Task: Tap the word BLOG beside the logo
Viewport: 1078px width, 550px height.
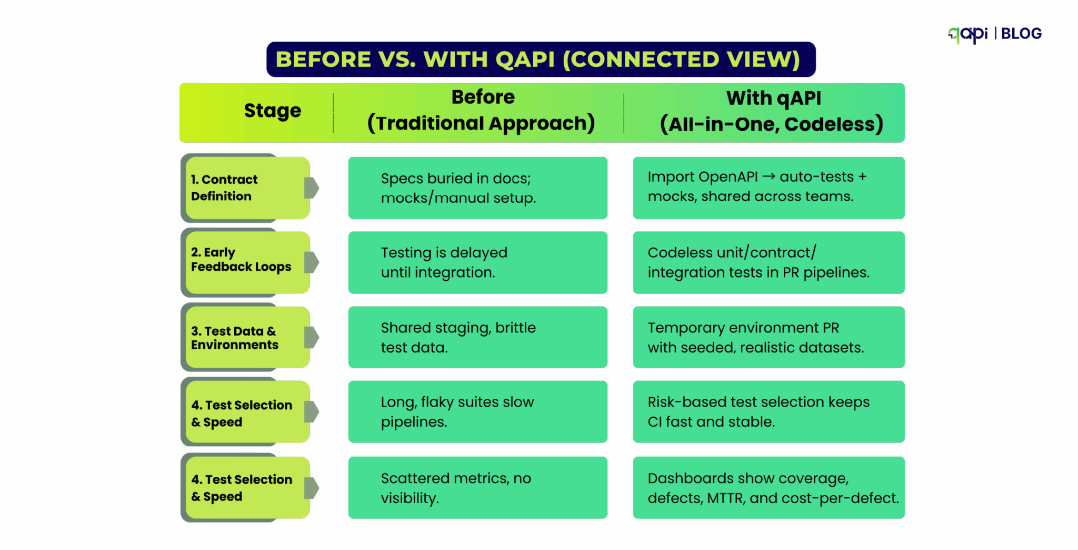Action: (1021, 34)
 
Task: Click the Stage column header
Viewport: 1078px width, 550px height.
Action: (272, 111)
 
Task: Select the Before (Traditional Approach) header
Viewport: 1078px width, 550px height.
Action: (481, 111)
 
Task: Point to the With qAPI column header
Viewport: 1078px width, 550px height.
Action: (772, 111)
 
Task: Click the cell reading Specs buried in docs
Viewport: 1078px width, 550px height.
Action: (477, 188)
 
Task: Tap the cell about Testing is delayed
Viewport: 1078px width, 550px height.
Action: (477, 262)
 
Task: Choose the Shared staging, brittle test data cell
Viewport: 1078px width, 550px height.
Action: (477, 337)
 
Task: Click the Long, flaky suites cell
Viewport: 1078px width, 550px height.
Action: (477, 411)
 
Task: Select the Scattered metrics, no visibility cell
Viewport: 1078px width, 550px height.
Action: (477, 487)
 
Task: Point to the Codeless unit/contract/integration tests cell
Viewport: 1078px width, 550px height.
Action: (768, 262)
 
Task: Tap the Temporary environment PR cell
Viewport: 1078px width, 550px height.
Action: (768, 337)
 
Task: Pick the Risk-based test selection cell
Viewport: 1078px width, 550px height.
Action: (768, 411)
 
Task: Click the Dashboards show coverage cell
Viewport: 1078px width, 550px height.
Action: (768, 487)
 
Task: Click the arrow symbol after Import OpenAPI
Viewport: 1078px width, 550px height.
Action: (768, 177)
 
